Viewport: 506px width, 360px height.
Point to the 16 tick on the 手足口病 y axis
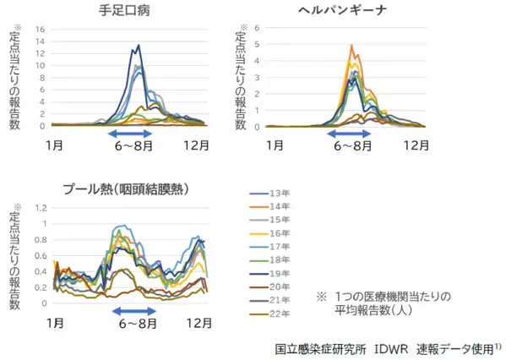39,30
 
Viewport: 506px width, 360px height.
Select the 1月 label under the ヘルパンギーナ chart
275,145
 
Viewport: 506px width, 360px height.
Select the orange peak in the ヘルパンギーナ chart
351,46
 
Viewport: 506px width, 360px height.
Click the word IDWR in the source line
394,347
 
